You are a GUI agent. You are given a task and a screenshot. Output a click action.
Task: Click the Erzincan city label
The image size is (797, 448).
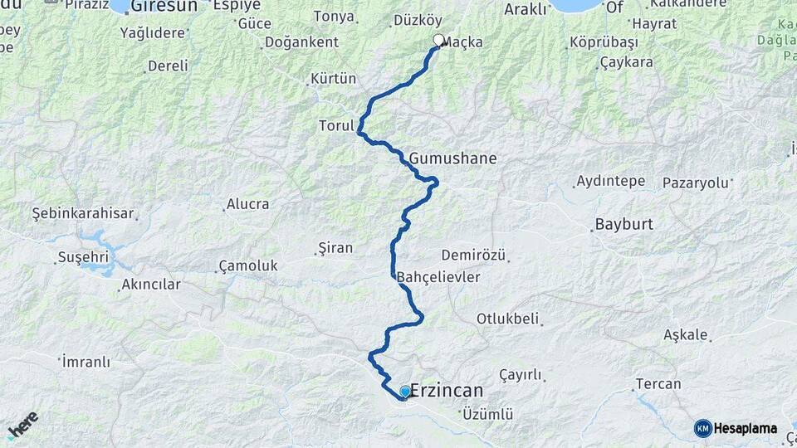pyautogui.click(x=447, y=391)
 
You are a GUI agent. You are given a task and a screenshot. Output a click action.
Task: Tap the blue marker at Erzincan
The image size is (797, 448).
pyautogui.click(x=405, y=392)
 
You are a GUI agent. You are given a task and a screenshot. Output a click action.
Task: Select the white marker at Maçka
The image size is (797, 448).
pyautogui.click(x=438, y=40)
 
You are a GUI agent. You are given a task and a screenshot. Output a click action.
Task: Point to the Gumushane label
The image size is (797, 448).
pyautogui.click(x=452, y=158)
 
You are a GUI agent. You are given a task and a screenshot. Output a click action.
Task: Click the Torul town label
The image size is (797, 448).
pyautogui.click(x=336, y=126)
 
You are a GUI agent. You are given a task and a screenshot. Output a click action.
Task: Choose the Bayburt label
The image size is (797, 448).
pyautogui.click(x=624, y=224)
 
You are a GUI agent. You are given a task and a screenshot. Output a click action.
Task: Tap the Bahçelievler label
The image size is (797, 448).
pyautogui.click(x=438, y=277)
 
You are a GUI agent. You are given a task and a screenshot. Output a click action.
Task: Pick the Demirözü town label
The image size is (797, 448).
pyautogui.click(x=473, y=255)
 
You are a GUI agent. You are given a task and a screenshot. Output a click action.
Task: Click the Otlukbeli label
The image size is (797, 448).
pyautogui.click(x=508, y=319)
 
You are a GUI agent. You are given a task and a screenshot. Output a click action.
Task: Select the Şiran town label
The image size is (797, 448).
pyautogui.click(x=336, y=247)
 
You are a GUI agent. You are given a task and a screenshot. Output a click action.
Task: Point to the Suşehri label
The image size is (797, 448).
pyautogui.click(x=83, y=257)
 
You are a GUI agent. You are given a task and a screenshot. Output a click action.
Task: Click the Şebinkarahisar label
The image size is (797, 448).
pyautogui.click(x=83, y=213)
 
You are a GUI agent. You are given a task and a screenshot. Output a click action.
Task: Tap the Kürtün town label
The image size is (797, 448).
pyautogui.click(x=333, y=79)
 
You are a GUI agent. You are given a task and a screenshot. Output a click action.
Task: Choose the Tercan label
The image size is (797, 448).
pyautogui.click(x=658, y=384)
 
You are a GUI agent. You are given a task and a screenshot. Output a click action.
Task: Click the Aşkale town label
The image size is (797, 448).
pyautogui.click(x=686, y=335)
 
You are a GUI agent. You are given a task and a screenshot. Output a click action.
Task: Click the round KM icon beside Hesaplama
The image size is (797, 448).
pyautogui.click(x=702, y=428)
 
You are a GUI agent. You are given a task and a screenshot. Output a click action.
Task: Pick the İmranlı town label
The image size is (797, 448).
pyautogui.click(x=86, y=362)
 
